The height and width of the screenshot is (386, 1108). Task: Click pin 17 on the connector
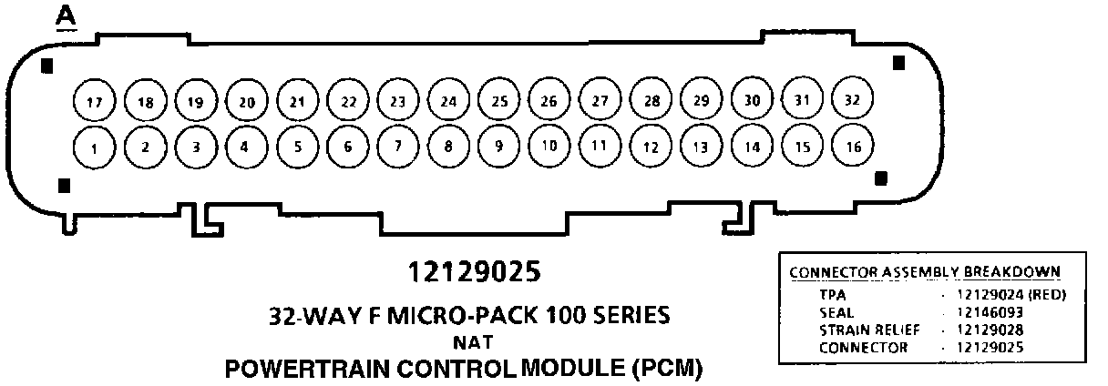pyautogui.click(x=93, y=102)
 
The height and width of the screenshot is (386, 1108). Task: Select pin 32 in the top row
pyautogui.click(x=852, y=98)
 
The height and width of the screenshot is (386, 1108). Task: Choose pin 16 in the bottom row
pyautogui.click(x=852, y=146)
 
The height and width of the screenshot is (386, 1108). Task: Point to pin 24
pyautogui.click(x=446, y=101)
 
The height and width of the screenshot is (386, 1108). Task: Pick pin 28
pyautogui.click(x=651, y=100)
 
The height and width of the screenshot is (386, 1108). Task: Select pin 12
pyautogui.click(x=650, y=146)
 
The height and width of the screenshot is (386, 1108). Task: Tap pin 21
pyautogui.click(x=295, y=101)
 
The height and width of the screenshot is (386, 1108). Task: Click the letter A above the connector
pyautogui.click(x=66, y=15)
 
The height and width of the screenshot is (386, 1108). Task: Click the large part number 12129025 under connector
pyautogui.click(x=475, y=271)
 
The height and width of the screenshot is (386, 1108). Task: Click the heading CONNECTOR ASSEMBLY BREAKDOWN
pyautogui.click(x=924, y=271)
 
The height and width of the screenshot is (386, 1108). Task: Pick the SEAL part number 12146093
pyautogui.click(x=990, y=311)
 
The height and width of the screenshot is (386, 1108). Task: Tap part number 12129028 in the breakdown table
pyautogui.click(x=990, y=330)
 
